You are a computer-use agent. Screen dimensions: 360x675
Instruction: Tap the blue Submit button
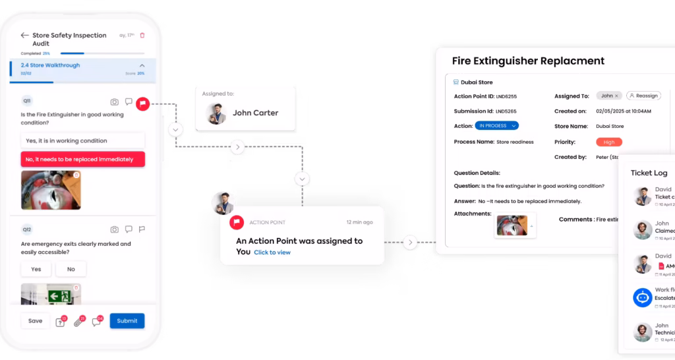click(x=127, y=321)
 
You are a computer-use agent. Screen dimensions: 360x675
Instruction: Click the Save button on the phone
click(x=36, y=321)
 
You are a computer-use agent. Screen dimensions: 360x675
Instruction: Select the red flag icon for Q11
click(x=142, y=103)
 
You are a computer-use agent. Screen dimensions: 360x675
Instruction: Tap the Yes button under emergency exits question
click(x=36, y=269)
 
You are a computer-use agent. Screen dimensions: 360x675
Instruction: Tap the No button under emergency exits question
click(x=71, y=269)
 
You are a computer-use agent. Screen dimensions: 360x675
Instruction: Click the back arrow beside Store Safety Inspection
click(x=25, y=36)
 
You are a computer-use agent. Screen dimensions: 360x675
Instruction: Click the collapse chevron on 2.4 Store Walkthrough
click(x=142, y=65)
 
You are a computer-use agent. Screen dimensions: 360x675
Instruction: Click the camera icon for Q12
click(x=114, y=229)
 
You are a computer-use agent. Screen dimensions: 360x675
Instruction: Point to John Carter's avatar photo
click(x=216, y=113)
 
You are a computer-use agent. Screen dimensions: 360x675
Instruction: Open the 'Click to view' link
click(x=272, y=253)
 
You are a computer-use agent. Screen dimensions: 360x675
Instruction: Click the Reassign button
click(x=643, y=96)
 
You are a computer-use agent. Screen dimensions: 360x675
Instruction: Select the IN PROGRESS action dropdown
click(x=496, y=126)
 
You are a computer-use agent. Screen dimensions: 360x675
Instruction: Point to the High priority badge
click(x=608, y=142)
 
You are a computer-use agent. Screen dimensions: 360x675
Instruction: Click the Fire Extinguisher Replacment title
click(x=528, y=61)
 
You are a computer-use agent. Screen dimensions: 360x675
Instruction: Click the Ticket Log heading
click(x=649, y=173)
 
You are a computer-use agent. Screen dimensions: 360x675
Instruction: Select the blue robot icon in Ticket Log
click(x=642, y=297)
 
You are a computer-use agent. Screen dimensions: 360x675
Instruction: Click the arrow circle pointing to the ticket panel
click(x=410, y=243)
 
